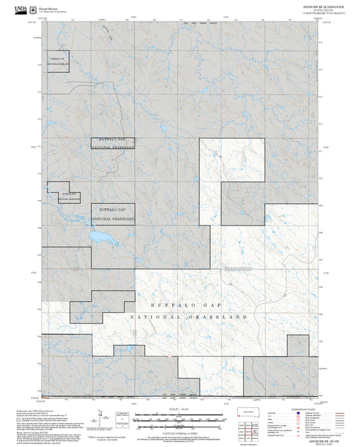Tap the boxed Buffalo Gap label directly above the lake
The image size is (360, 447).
(113, 213)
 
